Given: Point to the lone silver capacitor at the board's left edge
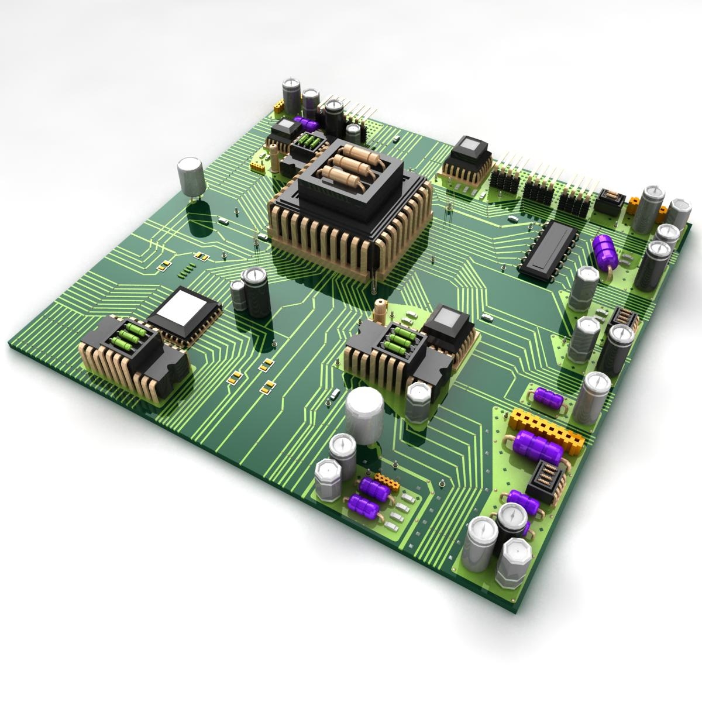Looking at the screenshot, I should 191,177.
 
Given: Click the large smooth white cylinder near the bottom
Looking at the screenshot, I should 364,417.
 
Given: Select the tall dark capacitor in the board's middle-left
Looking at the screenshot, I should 257,292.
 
